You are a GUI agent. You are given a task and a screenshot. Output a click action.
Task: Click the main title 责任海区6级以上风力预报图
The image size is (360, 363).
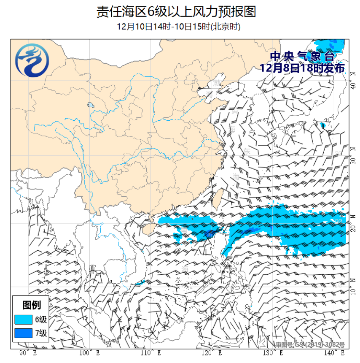(176, 11)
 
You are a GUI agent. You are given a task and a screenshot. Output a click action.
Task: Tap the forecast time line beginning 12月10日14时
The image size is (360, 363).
(179, 27)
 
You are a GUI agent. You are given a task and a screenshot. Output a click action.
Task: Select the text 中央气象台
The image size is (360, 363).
(302, 56)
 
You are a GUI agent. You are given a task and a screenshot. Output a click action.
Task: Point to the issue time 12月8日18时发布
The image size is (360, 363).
(302, 68)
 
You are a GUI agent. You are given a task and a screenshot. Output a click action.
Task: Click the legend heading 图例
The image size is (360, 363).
(31, 305)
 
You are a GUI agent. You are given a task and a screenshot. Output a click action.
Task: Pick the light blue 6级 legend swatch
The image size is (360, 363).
(24, 319)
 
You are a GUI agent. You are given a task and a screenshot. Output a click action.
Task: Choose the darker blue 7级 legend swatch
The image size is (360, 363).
(24, 333)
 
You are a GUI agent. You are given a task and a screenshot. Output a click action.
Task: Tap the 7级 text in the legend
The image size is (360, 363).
(41, 333)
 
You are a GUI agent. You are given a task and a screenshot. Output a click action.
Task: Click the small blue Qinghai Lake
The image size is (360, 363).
(90, 105)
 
